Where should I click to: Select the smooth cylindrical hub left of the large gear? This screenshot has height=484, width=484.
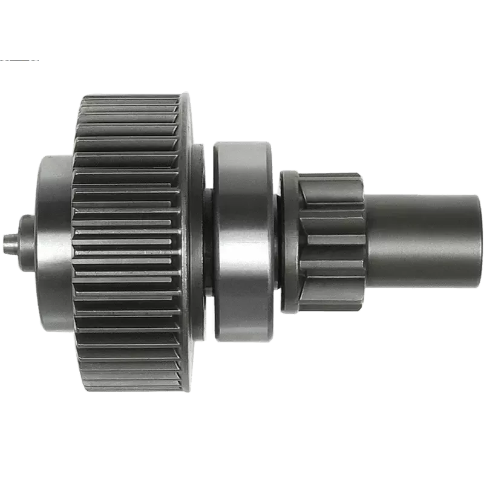point(54,242)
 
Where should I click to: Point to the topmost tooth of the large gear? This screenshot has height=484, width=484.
point(130,98)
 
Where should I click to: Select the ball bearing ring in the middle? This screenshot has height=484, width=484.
point(242,242)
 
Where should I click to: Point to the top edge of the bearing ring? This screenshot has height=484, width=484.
point(242,145)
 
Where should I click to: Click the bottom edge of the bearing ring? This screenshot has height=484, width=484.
point(242,340)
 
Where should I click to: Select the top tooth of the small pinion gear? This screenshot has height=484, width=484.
point(333,177)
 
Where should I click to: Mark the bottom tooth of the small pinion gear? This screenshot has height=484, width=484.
point(333,306)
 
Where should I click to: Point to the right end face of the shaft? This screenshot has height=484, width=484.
point(481,241)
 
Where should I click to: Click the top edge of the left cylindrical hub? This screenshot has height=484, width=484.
point(54,159)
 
